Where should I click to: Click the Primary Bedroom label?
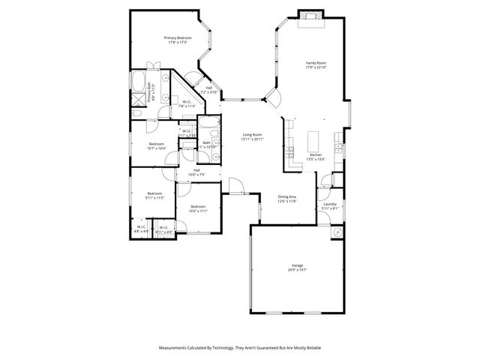(x=178, y=40)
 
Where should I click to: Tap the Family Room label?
(x=315, y=65)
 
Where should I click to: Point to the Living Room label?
(x=251, y=136)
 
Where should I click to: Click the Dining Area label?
(x=288, y=199)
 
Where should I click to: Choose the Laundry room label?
(x=329, y=206)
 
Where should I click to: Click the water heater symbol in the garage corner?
(x=337, y=232)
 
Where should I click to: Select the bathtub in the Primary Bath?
(x=139, y=82)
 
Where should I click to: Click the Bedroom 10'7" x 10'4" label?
(x=157, y=145)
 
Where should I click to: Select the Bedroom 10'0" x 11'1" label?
(x=198, y=208)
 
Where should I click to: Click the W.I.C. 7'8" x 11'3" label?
(x=186, y=104)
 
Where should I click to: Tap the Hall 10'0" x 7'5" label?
(x=196, y=172)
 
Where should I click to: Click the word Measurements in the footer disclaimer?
(x=174, y=348)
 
